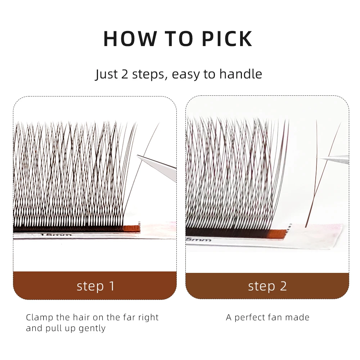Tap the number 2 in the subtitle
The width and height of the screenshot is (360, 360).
125,74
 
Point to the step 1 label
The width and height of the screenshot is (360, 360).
95,286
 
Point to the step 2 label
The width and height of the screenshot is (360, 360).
267,286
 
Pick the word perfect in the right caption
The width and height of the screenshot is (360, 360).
252,318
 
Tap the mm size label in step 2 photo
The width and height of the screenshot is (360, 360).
194,239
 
